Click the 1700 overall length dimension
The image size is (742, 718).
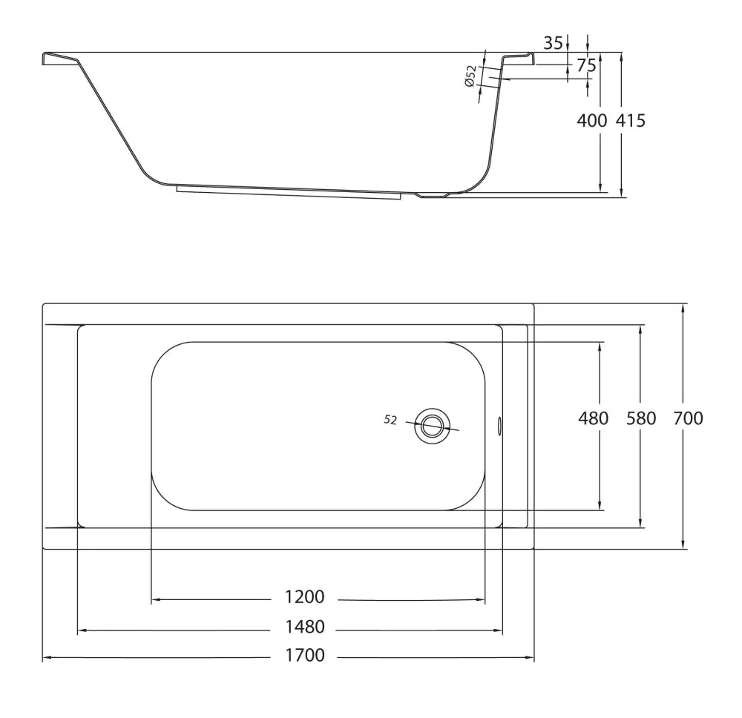pos(305,655)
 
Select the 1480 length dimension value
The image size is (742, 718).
pos(305,627)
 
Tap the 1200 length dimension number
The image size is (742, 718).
pos(305,597)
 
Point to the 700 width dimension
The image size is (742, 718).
pos(688,418)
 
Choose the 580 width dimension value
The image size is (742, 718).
pos(641,418)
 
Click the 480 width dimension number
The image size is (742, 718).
pos(594,418)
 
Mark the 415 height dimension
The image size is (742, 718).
pos(630,121)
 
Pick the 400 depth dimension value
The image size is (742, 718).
pos(591,121)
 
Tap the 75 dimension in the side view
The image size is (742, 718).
pos(586,65)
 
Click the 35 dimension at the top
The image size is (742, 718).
pos(554,43)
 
